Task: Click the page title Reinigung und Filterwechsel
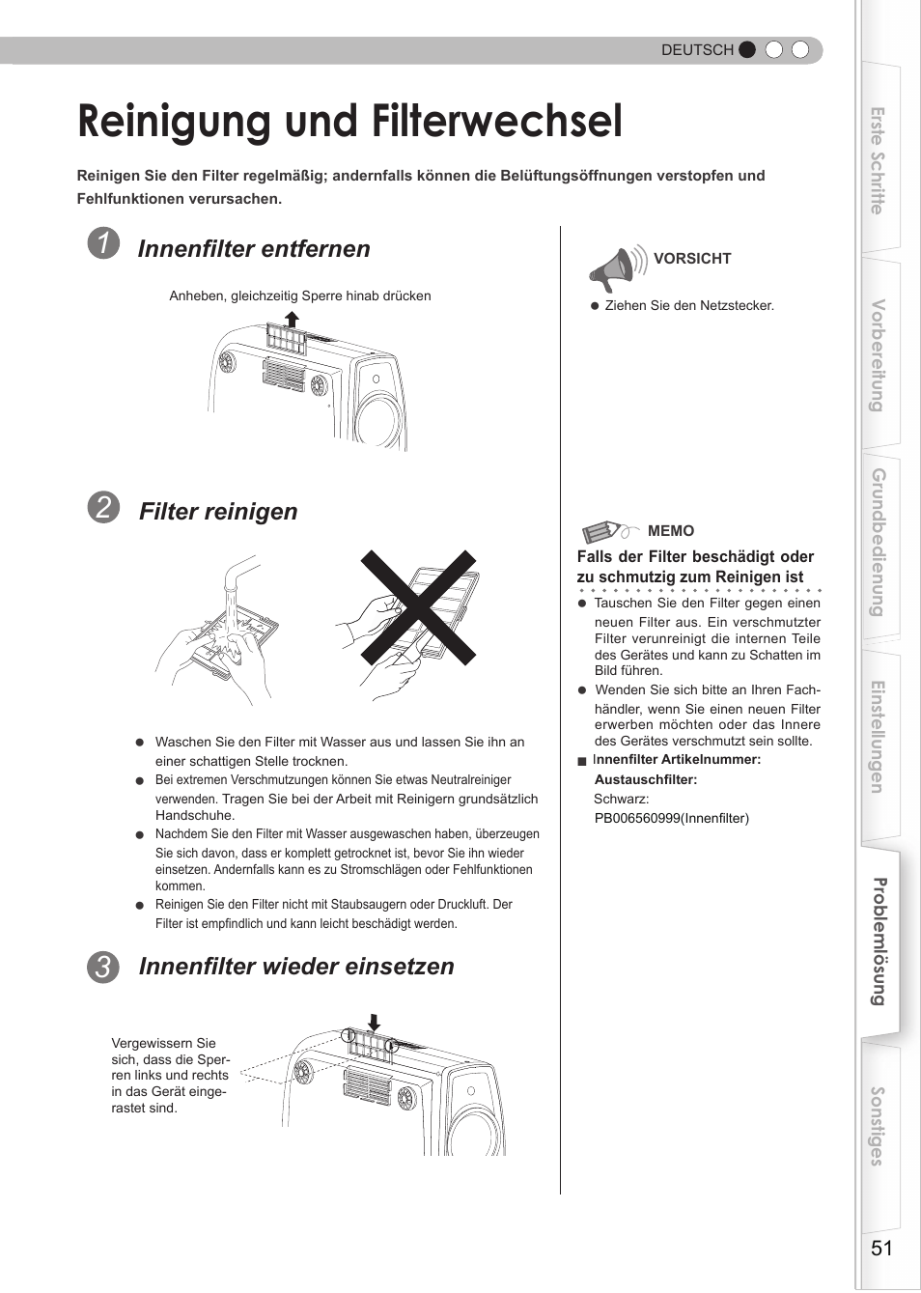(349, 123)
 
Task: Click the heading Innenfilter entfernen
(254, 249)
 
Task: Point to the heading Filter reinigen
(218, 512)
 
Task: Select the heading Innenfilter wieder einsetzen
(296, 967)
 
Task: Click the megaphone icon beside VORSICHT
(615, 268)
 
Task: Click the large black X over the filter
(418, 607)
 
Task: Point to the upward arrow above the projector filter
(292, 319)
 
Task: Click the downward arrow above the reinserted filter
(375, 1022)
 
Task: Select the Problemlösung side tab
(879, 942)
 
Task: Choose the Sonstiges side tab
(878, 1126)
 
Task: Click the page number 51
(881, 1248)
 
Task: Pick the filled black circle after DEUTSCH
(747, 50)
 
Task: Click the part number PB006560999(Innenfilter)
(671, 818)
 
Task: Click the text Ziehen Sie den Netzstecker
(689, 305)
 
